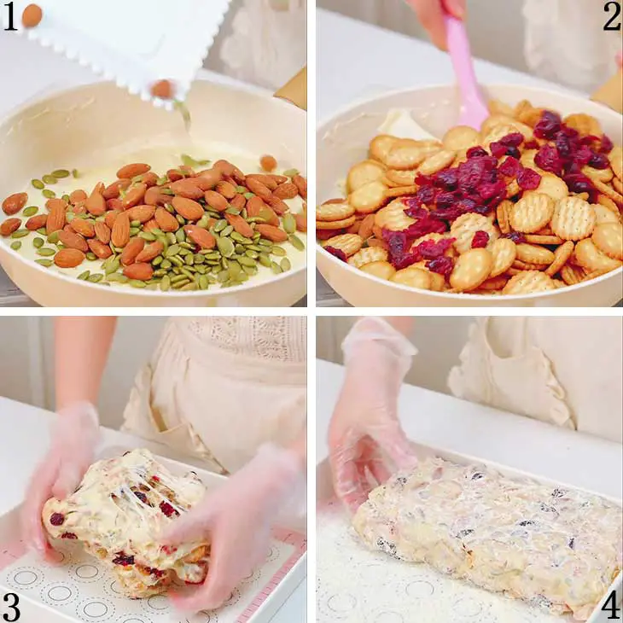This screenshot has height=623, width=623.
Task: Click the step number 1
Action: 10,17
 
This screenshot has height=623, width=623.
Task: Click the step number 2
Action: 611,17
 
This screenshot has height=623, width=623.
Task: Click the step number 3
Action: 11,608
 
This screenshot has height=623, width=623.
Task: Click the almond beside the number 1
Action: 32,15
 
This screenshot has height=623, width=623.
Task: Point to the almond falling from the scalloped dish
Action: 162,89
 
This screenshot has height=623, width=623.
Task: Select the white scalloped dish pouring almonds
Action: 119,44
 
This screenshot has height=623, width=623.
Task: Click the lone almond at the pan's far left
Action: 15,203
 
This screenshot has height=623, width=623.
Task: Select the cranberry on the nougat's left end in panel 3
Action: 57,519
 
